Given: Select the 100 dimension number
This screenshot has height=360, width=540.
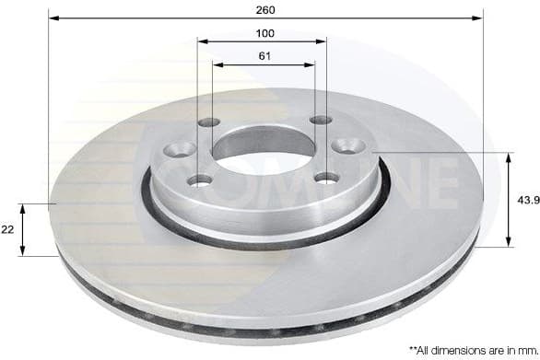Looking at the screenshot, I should click(265, 33).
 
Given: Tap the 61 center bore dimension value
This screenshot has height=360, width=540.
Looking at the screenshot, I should click(264, 56).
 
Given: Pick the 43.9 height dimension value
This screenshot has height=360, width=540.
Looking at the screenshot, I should click(526, 200).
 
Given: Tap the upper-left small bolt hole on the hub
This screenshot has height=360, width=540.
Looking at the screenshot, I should click(209, 123).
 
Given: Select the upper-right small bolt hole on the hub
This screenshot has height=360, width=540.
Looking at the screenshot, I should click(320, 120).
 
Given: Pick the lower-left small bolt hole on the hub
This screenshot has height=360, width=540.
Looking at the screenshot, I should click(201, 180).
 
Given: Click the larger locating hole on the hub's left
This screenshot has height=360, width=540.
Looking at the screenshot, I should click(176, 150).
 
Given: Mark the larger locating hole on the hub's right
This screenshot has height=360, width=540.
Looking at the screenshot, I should click(349, 145).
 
